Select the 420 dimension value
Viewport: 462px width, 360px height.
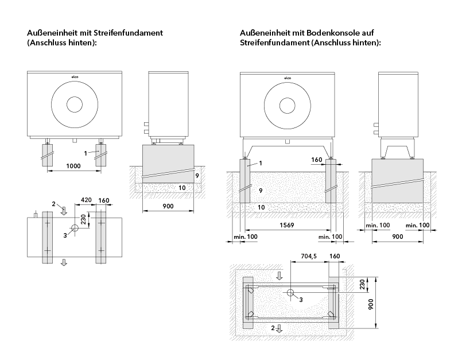tap(86, 201)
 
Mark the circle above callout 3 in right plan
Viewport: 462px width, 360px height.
tap(291, 293)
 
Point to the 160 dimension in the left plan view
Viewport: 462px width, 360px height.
tap(103, 201)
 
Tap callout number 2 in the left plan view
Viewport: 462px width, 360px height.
tap(53, 204)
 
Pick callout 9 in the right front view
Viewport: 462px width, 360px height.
tap(260, 190)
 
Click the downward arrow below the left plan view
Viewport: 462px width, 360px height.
tap(64, 262)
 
